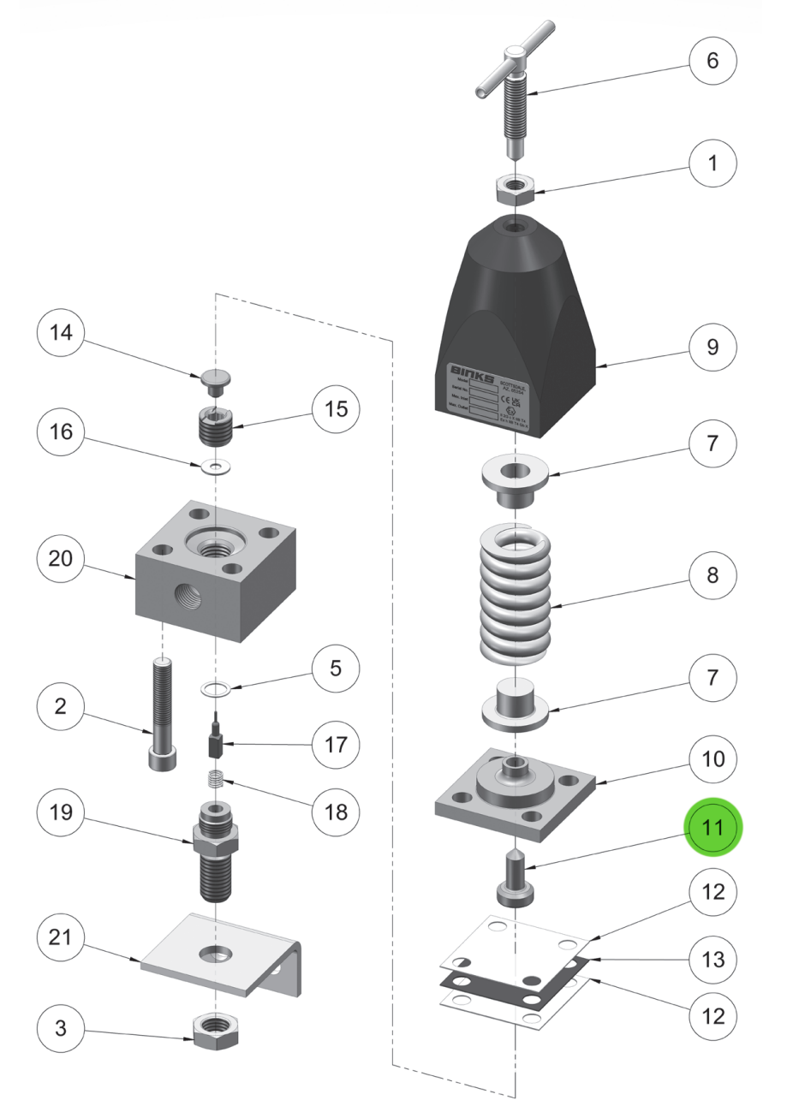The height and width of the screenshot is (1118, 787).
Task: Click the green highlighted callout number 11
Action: [713, 829]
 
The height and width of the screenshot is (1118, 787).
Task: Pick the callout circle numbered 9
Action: [713, 348]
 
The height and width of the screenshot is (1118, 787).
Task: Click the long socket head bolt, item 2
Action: [162, 710]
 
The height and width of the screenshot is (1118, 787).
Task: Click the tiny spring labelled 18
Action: [216, 782]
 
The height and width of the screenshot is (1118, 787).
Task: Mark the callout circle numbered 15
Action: [330, 410]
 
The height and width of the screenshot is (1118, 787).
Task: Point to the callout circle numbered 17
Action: [330, 744]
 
